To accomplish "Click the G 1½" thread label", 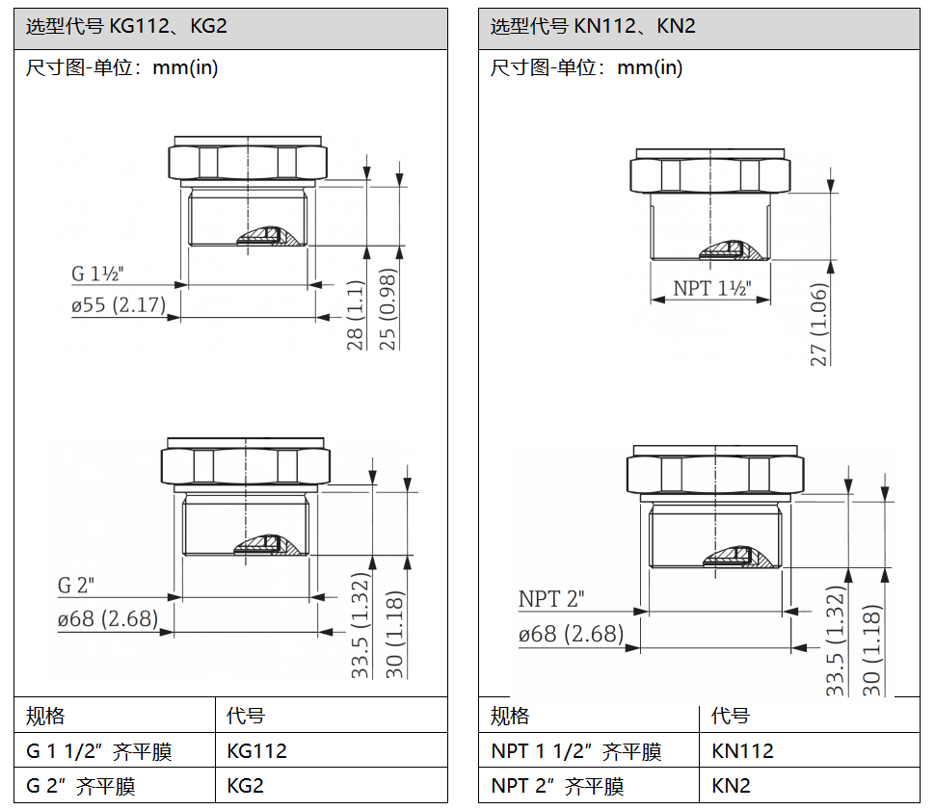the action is [97, 274].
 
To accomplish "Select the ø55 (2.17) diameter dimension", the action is [119, 305].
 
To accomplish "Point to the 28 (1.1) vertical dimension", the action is [355, 315].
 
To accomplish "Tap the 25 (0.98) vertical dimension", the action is [387, 309].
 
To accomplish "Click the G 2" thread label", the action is [76, 586].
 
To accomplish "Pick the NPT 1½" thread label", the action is [712, 288].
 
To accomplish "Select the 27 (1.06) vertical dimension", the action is [819, 325].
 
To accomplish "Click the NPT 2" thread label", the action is [551, 598].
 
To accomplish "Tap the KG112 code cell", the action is [257, 750].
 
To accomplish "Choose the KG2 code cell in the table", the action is [245, 785].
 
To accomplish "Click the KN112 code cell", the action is [742, 750].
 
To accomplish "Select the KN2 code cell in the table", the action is [731, 785].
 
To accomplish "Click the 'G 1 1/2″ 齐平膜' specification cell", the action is [99, 751].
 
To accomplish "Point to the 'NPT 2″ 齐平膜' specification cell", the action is [557, 786].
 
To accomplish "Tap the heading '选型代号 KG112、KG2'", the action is [126, 26].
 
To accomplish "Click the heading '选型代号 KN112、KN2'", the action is [593, 26].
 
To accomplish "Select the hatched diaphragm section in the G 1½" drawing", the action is [269, 236].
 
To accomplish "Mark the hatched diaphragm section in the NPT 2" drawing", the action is [738, 557].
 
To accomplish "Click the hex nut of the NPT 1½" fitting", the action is [710, 175].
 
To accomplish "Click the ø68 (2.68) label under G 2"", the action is [108, 618].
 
